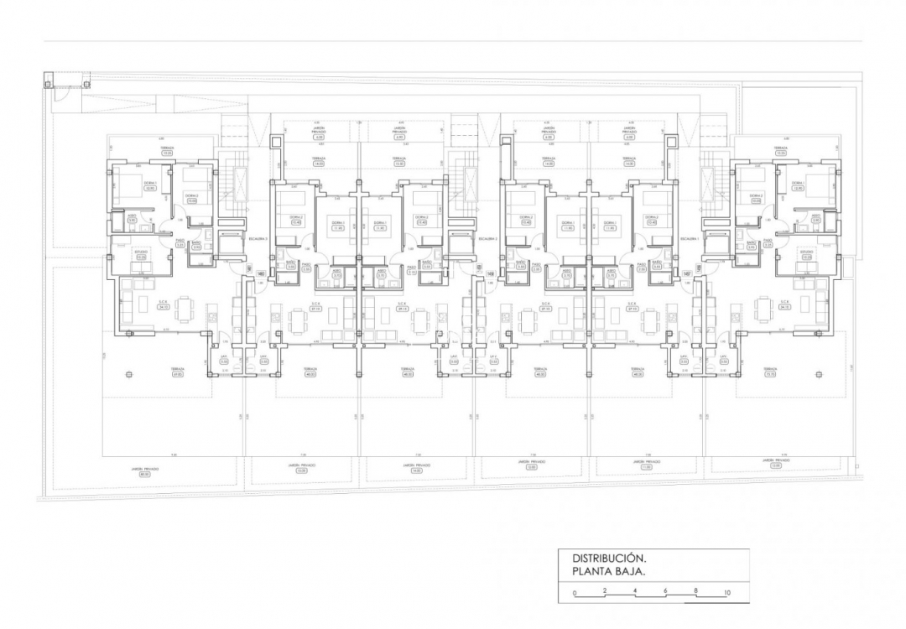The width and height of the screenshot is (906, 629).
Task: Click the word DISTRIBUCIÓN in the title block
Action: (x=608, y=558)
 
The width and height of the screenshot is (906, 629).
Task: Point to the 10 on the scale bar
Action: (x=726, y=593)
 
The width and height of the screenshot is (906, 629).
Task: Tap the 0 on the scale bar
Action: (x=575, y=593)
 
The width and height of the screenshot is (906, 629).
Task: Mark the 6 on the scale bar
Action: (x=665, y=593)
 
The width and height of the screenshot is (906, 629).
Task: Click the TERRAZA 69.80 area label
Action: (x=177, y=372)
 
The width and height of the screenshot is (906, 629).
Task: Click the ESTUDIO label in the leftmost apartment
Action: (x=140, y=254)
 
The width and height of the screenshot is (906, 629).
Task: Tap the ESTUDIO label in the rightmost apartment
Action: (x=806, y=254)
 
